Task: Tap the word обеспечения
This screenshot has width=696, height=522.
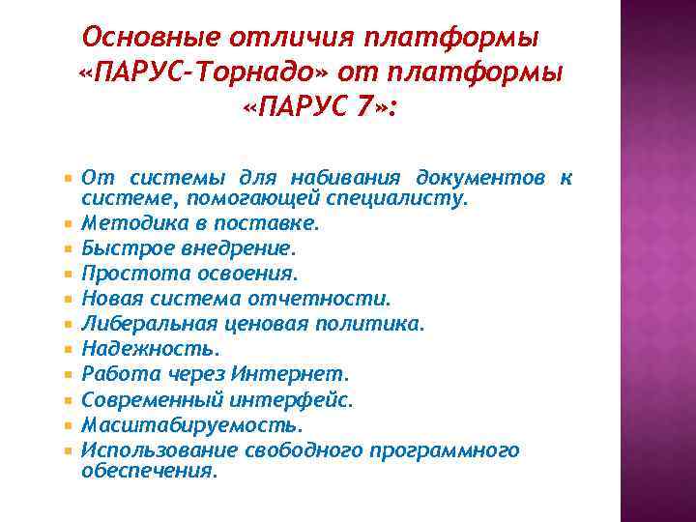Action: pyautogui.click(x=149, y=471)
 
